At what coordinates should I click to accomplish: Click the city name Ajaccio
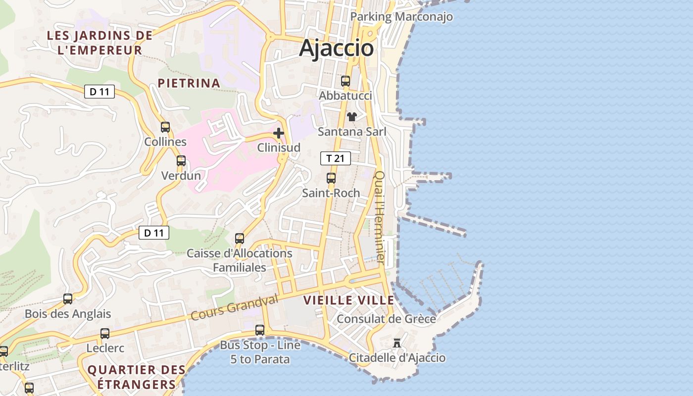pos(336,48)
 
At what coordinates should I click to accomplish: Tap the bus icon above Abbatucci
pos(346,81)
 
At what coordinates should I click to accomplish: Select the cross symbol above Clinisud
pos(279,133)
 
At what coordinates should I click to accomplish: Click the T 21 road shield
pos(335,158)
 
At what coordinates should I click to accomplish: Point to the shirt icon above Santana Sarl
pos(352,117)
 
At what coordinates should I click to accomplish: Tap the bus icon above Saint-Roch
pos(331,178)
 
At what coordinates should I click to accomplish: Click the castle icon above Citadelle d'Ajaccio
pos(396,343)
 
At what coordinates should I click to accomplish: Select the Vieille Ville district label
pos(349,300)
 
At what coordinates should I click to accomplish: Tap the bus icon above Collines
pos(165,127)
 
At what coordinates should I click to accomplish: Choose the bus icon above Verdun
pos(181,161)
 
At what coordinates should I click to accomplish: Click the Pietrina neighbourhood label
pos(189,83)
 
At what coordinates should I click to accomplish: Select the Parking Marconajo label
pos(401,17)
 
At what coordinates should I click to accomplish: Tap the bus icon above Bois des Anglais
pos(68,299)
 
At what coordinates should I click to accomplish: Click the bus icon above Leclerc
pos(105,334)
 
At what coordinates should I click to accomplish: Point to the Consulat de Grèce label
pos(386,319)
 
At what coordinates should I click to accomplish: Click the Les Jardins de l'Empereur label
pos(99,43)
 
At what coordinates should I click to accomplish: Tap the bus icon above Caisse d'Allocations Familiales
pos(240,238)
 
